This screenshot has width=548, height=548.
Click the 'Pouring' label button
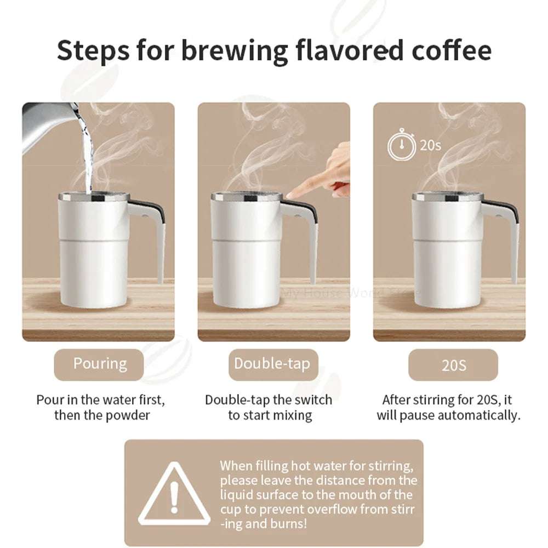tap(99, 364)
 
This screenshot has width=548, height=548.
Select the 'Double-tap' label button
tap(272, 364)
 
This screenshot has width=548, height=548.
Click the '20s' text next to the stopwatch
tap(430, 145)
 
